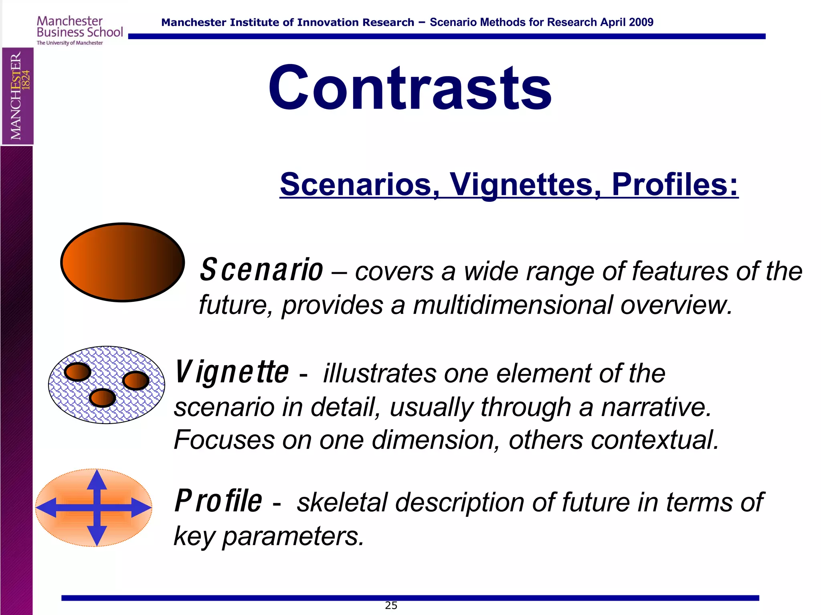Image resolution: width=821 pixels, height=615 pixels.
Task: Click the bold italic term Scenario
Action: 261,270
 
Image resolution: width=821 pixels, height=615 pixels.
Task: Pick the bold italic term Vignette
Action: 232,372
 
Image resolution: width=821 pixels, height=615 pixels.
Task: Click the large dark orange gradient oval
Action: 122,262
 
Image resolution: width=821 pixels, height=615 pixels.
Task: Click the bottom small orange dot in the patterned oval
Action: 102,398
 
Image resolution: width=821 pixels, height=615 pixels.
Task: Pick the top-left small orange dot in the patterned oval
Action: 77,372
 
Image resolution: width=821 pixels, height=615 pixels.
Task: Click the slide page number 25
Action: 391,605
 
